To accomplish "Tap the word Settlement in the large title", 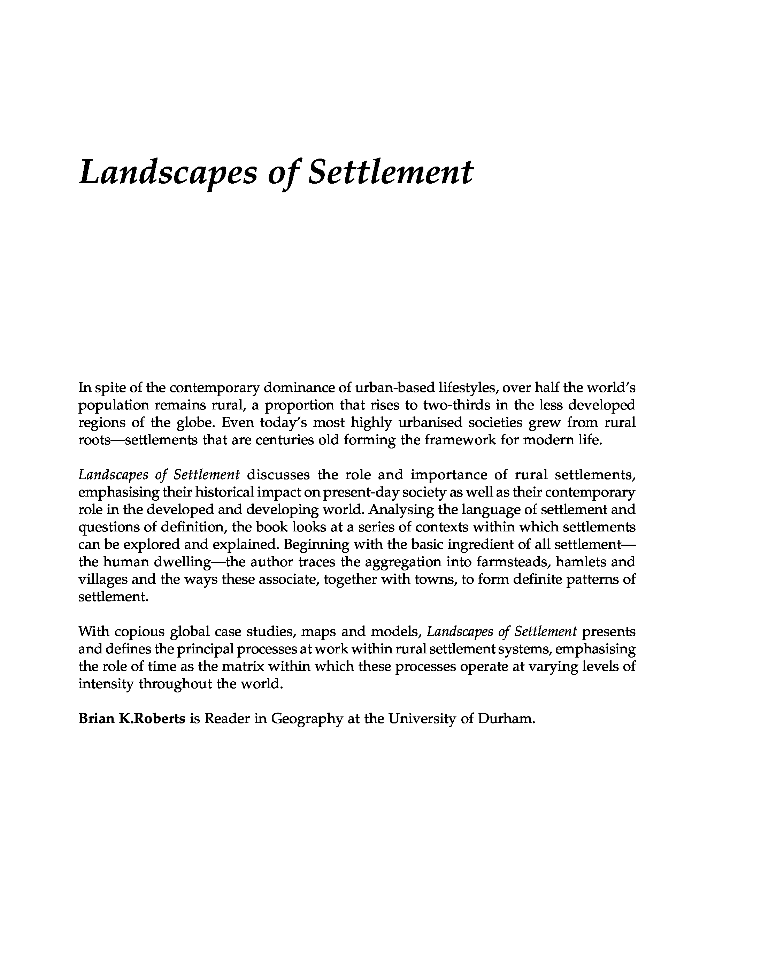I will click(x=390, y=172).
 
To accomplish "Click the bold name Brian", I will click(x=96, y=718).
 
